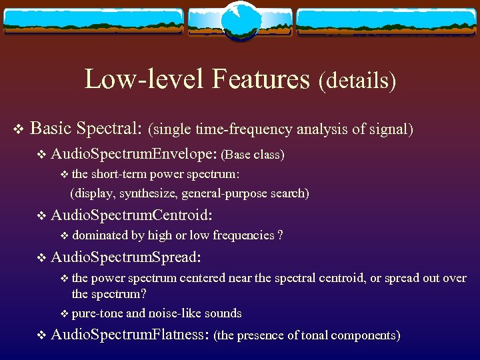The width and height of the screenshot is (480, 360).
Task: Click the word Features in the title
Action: [x=261, y=79]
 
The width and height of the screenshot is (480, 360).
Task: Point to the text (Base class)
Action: [x=254, y=155]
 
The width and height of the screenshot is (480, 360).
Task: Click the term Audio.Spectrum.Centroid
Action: [x=131, y=215]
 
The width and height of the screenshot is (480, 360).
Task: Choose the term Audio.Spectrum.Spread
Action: [x=126, y=257]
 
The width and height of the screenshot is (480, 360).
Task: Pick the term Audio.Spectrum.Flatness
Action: [x=131, y=335]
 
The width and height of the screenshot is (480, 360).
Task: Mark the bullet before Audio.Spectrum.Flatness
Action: [x=42, y=336]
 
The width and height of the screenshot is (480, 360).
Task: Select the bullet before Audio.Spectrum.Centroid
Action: [x=42, y=216]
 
